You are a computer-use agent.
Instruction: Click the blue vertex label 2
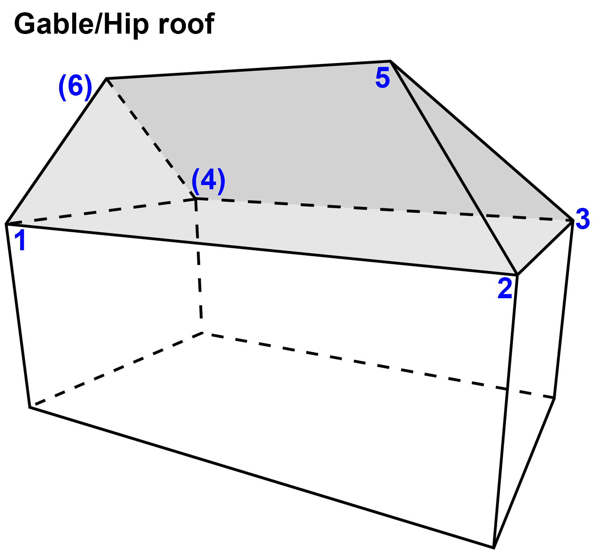click(505, 288)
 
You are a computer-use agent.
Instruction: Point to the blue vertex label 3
click(582, 219)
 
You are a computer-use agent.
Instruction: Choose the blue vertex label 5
click(382, 78)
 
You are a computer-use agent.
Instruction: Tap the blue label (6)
click(75, 87)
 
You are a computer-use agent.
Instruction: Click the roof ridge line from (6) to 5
click(248, 70)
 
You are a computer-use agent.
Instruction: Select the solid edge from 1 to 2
click(261, 249)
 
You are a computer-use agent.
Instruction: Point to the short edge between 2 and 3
click(545, 247)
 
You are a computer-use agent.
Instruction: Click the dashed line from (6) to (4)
click(151, 138)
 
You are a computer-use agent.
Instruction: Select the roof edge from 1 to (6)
click(56, 151)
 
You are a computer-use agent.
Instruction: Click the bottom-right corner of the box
click(493, 547)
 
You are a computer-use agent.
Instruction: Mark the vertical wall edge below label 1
click(18, 315)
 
